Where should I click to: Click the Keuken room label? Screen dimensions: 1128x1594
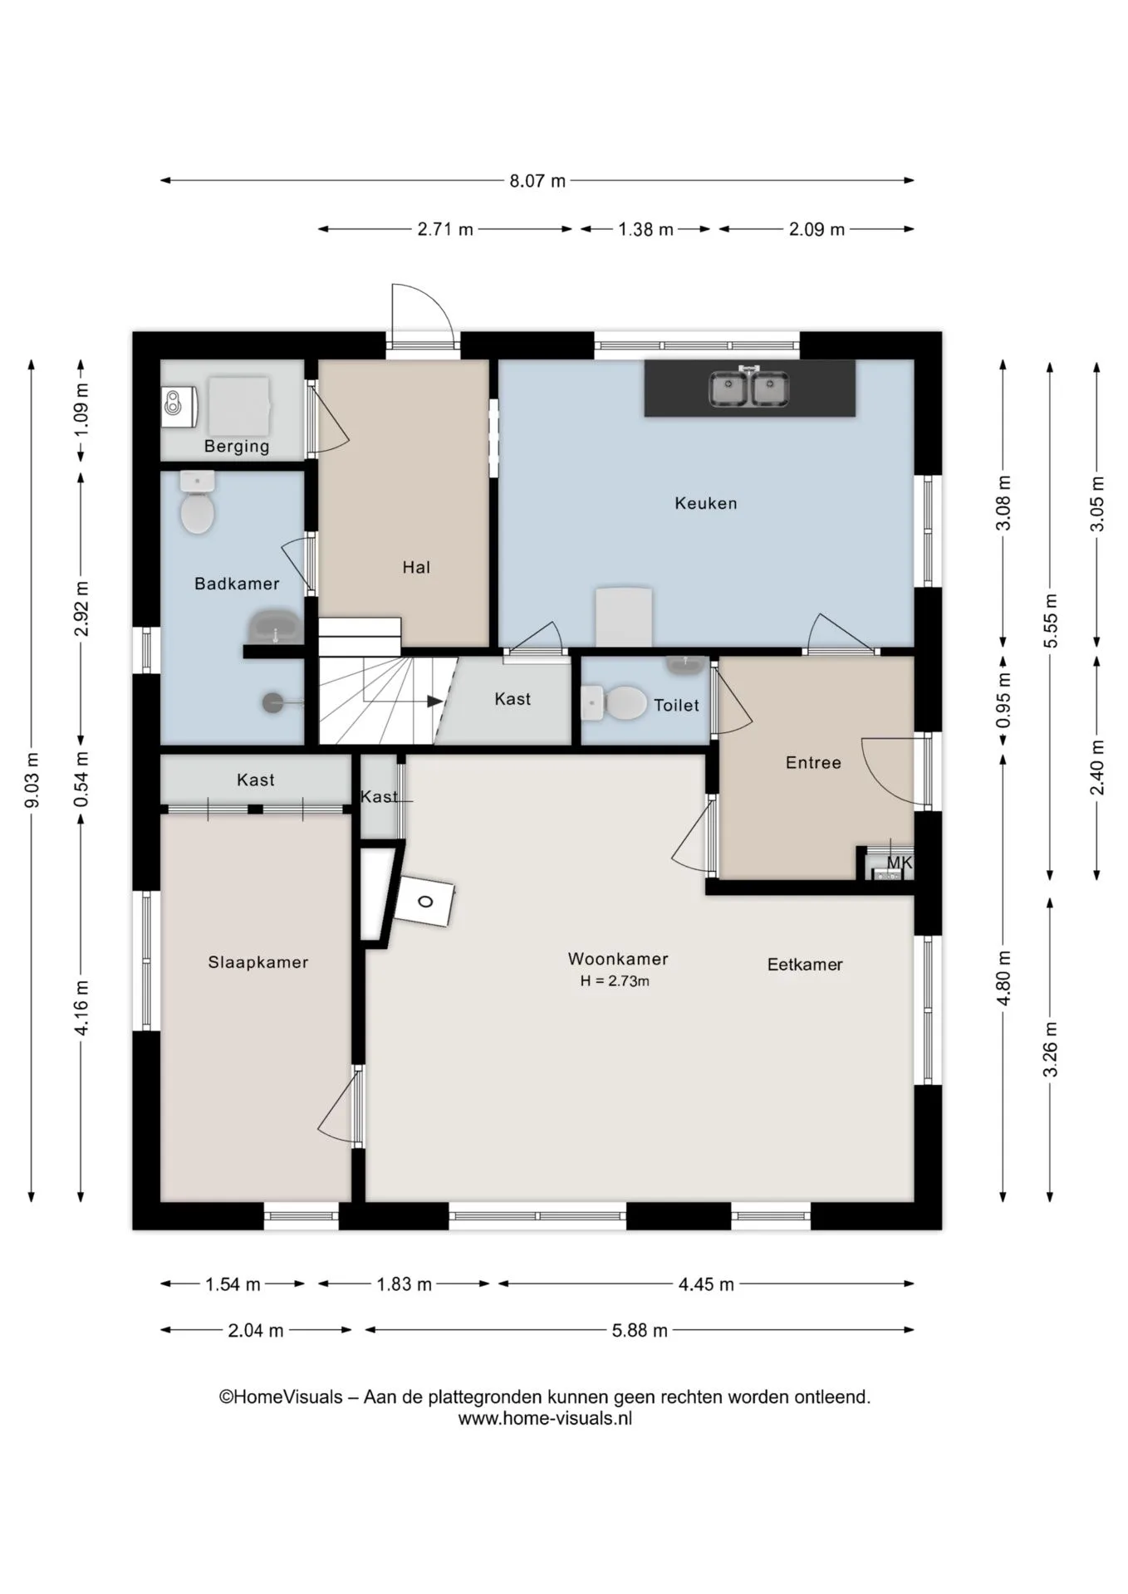pos(705,503)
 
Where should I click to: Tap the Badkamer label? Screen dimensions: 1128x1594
pos(237,584)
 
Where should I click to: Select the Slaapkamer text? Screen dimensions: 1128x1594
pos(258,962)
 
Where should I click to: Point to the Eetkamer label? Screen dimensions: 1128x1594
pos(805,965)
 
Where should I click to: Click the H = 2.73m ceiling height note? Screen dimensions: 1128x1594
pos(615,981)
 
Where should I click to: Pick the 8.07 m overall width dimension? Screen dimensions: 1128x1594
pos(537,180)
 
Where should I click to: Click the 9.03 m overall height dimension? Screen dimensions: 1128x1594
pos(32,780)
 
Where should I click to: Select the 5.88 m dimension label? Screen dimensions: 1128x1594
pos(640,1331)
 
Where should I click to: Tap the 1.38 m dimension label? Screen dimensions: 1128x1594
pos(645,229)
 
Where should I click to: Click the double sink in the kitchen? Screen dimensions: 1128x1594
pos(748,389)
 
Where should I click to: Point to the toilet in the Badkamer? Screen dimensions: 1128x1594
pos(198,503)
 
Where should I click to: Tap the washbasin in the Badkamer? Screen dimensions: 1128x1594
pos(275,628)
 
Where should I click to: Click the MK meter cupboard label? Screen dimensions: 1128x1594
pos(900,863)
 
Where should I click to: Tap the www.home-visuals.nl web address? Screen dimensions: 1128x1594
pos(545,1419)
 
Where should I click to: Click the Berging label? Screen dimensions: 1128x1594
pos(237,447)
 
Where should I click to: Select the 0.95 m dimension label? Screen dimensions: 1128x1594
pos(1003,699)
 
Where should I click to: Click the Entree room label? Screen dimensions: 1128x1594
pos(813,763)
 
